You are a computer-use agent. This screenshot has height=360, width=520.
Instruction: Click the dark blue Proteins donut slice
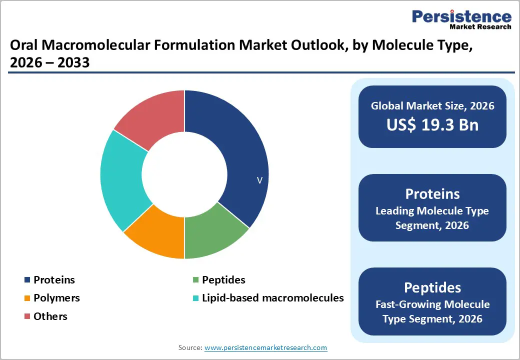pos(235,150)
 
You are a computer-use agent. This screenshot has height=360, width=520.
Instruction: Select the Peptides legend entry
pos(223,280)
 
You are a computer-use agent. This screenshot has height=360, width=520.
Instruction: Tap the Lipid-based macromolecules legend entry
pos(272,298)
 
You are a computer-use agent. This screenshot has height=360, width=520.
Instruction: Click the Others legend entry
pos(50,316)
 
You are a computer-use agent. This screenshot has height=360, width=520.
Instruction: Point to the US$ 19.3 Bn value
pos(432,124)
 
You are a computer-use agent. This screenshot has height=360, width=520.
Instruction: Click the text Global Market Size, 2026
pos(432,105)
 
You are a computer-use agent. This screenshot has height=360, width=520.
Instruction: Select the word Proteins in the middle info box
pos(432,194)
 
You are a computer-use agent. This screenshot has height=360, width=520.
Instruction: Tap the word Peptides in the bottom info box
pos(432,287)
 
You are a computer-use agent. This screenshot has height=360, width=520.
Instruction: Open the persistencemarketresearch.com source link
pos(265,347)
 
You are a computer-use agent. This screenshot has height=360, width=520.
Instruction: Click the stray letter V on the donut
pos(259,180)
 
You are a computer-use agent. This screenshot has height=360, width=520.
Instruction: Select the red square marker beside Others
pos(26,316)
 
